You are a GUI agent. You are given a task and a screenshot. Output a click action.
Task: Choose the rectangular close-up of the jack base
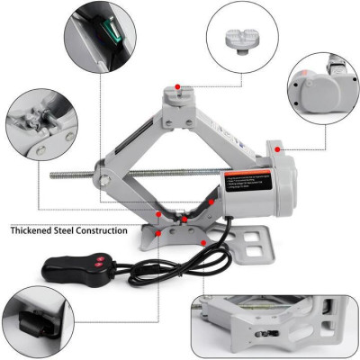pyautogui.click(x=274, y=322)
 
